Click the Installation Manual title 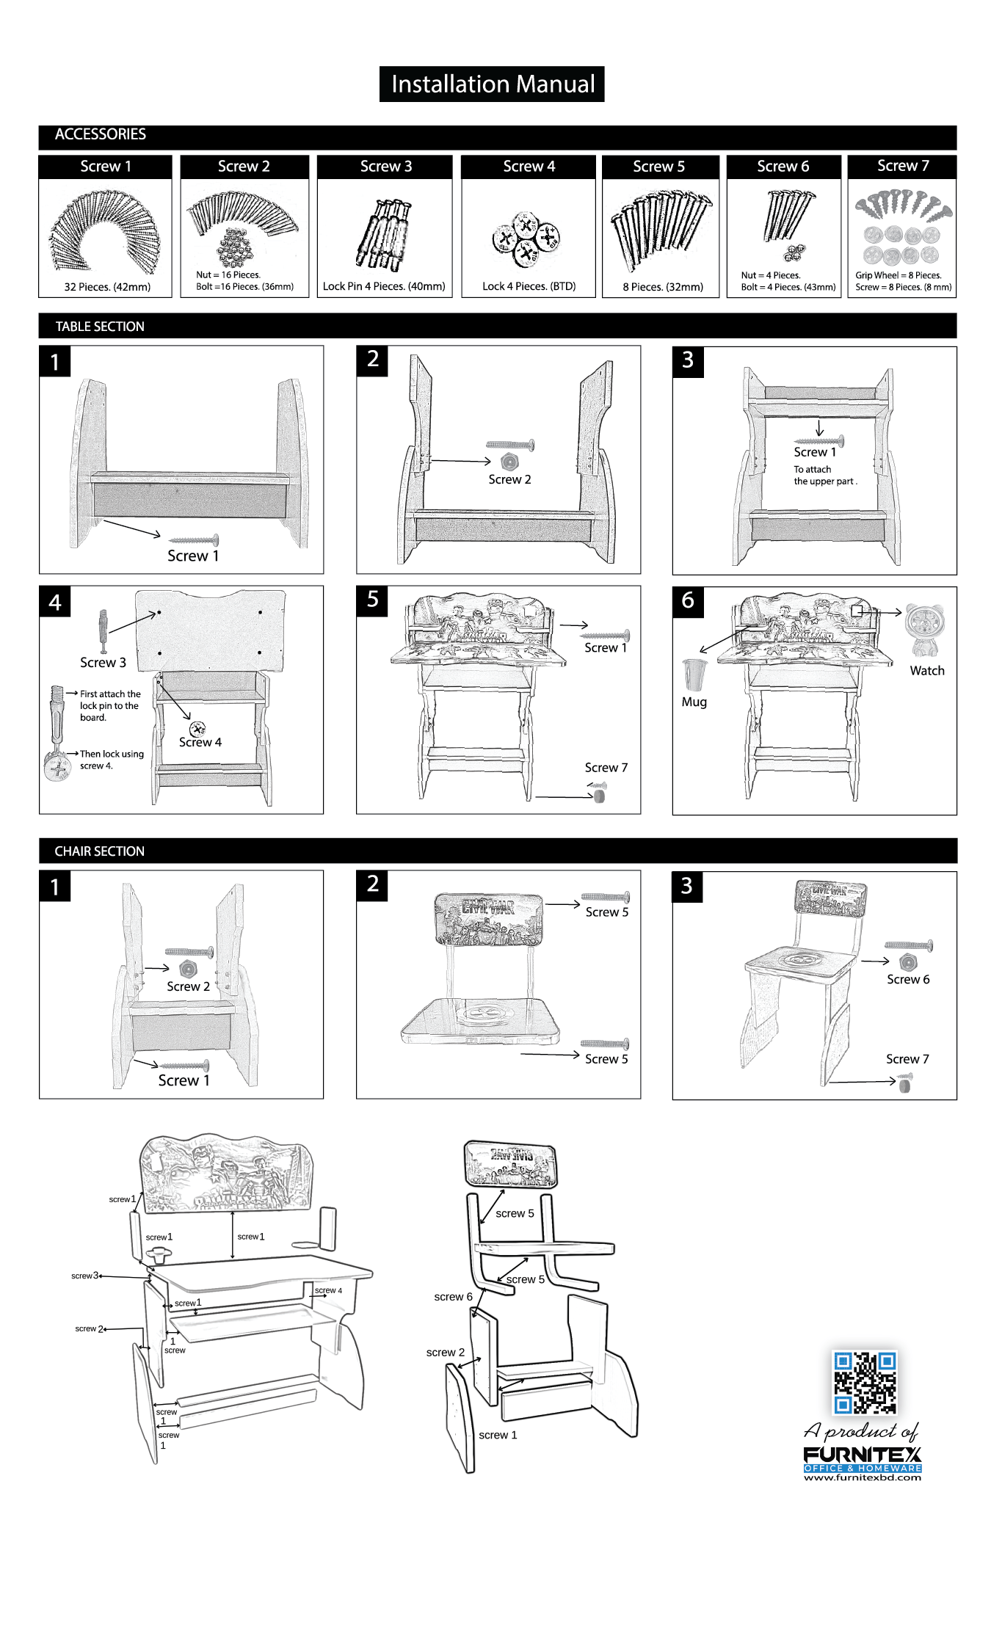(492, 84)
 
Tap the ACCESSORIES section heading (101, 134)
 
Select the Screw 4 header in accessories (529, 167)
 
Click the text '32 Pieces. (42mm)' (107, 287)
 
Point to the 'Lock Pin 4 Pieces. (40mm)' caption (384, 286)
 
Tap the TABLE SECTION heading (100, 327)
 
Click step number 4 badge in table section (55, 603)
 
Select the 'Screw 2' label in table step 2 (509, 479)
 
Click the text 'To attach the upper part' (824, 476)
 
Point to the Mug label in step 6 (694, 702)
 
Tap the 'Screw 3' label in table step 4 (103, 663)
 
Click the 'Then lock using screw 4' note (111, 760)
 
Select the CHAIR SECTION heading (100, 851)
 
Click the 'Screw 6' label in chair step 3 (907, 980)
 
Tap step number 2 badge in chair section (373, 884)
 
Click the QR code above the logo (865, 1382)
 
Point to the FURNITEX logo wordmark (862, 1455)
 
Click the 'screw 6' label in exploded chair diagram (453, 1297)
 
